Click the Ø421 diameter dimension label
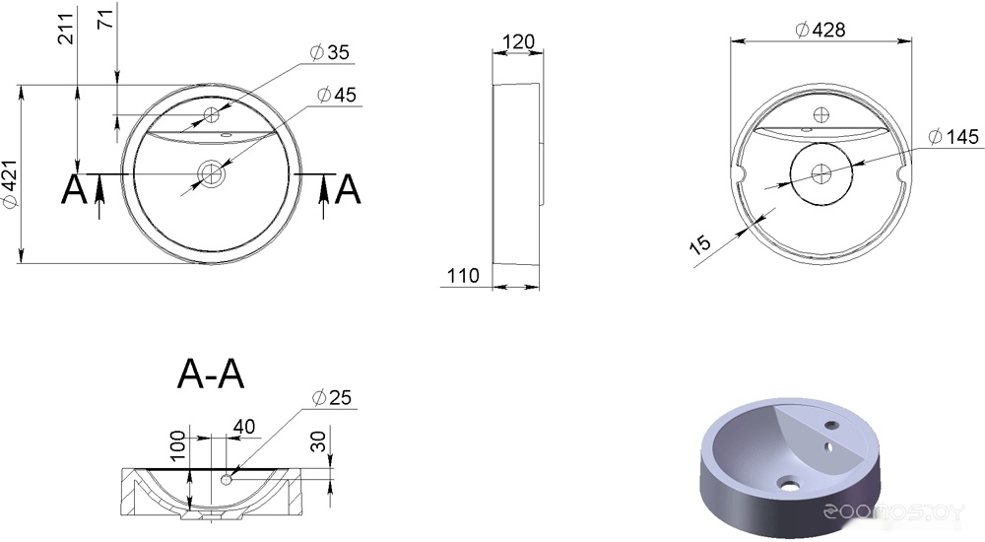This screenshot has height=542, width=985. pyautogui.click(x=9, y=183)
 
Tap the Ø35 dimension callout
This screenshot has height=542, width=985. pyautogui.click(x=329, y=51)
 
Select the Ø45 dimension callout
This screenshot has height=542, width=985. pyautogui.click(x=337, y=95)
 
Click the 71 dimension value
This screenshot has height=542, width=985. pyautogui.click(x=106, y=19)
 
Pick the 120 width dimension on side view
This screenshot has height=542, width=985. pyautogui.click(x=519, y=42)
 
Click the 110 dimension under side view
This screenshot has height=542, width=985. pyautogui.click(x=463, y=275)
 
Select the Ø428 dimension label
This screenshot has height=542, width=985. pyautogui.click(x=821, y=29)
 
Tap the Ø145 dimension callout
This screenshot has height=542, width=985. pyautogui.click(x=953, y=136)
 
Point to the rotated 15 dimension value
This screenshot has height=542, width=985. pyautogui.click(x=699, y=243)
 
